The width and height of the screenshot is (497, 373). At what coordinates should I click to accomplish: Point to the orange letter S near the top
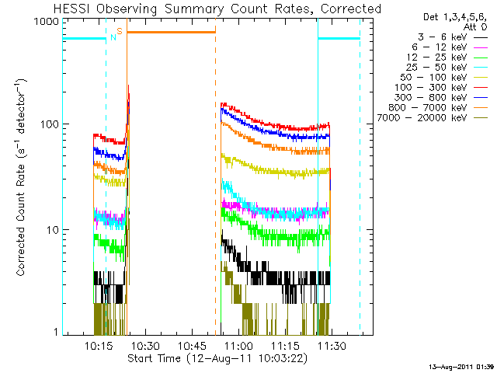[x=120, y=31]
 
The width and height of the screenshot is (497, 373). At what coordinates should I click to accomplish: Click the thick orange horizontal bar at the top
[x=171, y=32]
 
